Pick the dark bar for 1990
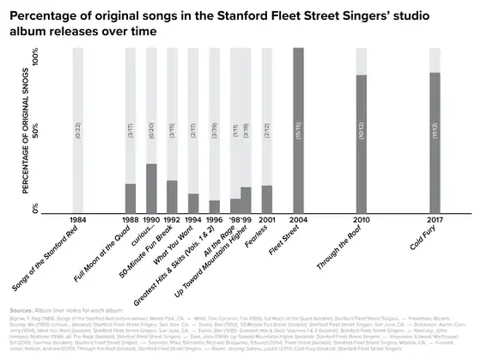pos(151,188)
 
